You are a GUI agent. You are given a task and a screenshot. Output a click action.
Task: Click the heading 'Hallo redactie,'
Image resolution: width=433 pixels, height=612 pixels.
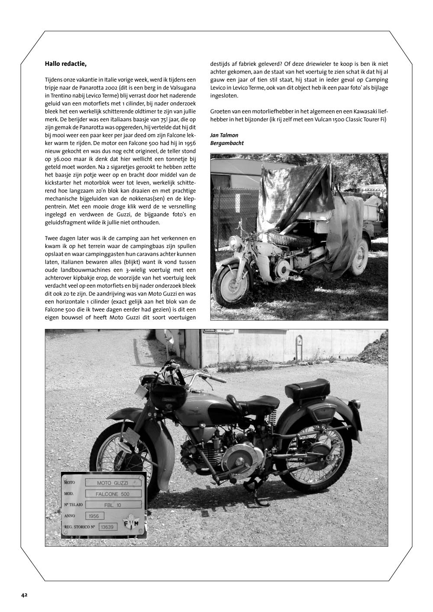click(66, 64)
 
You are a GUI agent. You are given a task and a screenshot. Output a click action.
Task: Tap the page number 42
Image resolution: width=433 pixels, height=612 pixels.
click(25, 595)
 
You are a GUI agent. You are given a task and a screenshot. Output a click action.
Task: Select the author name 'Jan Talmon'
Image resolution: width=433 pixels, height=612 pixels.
click(224, 135)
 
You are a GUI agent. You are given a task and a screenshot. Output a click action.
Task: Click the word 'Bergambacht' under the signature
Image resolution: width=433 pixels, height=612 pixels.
click(227, 143)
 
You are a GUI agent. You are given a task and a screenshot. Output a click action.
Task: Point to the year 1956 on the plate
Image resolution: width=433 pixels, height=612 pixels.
click(94, 516)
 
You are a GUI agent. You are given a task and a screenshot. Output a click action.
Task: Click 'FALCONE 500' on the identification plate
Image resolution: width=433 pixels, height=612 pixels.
click(113, 494)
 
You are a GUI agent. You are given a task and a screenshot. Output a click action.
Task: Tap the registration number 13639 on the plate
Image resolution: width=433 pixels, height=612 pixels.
click(106, 527)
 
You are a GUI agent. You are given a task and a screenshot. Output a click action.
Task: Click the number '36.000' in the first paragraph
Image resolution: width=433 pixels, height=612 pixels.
click(60, 159)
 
